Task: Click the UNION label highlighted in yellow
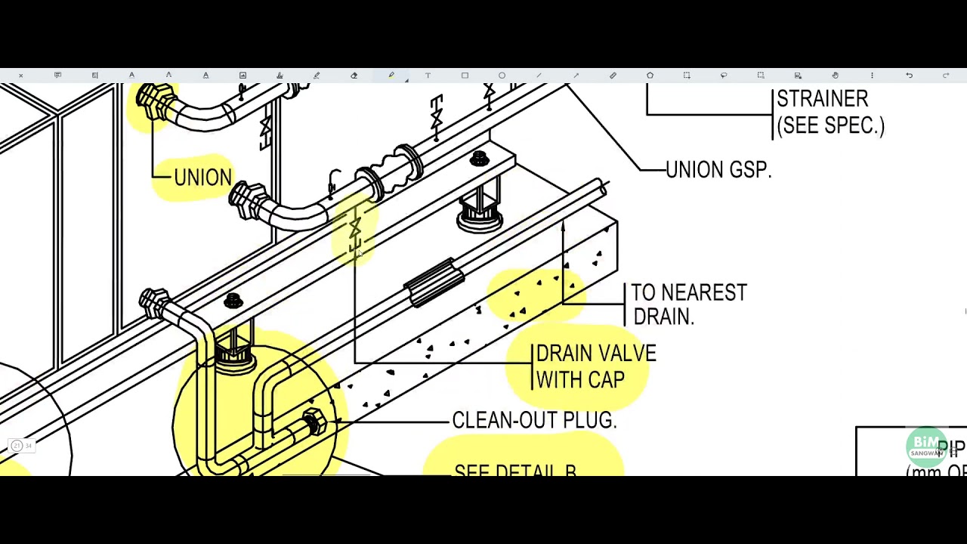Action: click(x=202, y=178)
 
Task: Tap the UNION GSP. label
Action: click(x=718, y=170)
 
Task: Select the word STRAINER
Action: click(x=822, y=99)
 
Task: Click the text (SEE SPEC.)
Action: click(x=830, y=125)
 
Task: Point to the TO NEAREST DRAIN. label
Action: click(x=687, y=304)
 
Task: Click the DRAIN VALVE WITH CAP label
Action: click(x=595, y=366)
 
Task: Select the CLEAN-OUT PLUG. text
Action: click(x=534, y=421)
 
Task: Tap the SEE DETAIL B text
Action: click(x=516, y=470)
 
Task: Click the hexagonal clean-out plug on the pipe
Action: click(x=313, y=422)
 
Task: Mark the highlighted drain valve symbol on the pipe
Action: click(x=354, y=230)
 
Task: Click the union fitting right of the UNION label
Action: click(x=249, y=201)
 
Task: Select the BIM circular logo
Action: click(x=926, y=446)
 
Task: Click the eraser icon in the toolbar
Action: click(x=354, y=76)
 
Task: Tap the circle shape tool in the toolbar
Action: click(x=502, y=76)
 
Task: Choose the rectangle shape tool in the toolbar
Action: click(x=465, y=76)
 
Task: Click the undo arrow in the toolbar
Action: click(x=909, y=76)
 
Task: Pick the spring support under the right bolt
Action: click(x=480, y=207)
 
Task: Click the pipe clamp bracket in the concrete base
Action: click(x=434, y=281)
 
